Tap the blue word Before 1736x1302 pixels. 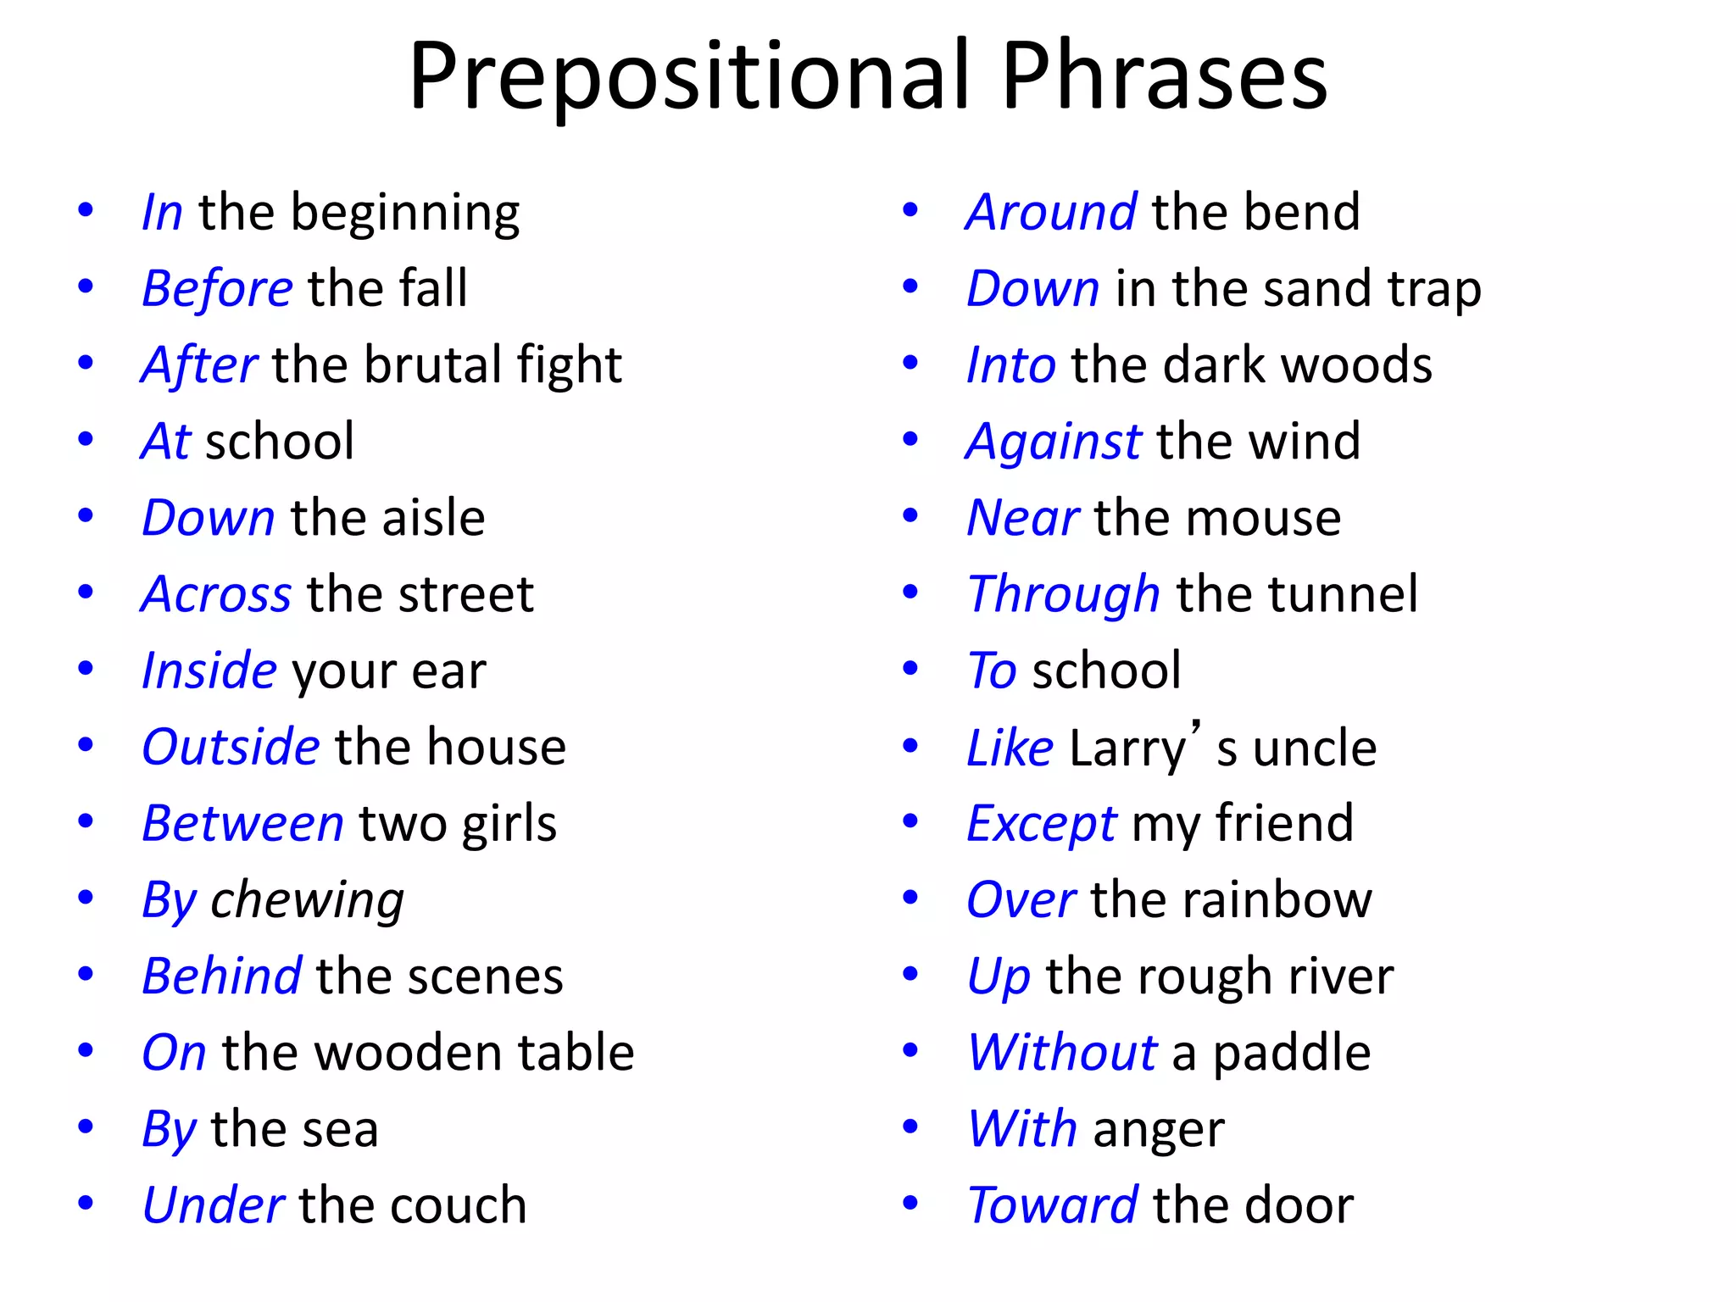pyautogui.click(x=217, y=288)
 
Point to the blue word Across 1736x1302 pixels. pyautogui.click(x=216, y=593)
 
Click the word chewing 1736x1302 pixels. pyautogui.click(x=307, y=900)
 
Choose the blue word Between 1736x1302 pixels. pyautogui.click(x=242, y=823)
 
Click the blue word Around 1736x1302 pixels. pyautogui.click(x=1051, y=211)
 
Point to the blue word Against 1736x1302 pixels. pyautogui.click(x=1054, y=442)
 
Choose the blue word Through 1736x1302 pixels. pyautogui.click(x=1064, y=594)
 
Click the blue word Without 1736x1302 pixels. pyautogui.click(x=1062, y=1052)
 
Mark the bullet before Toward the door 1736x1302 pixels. pyautogui.click(x=910, y=1202)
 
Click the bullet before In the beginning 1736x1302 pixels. pyautogui.click(x=86, y=209)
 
